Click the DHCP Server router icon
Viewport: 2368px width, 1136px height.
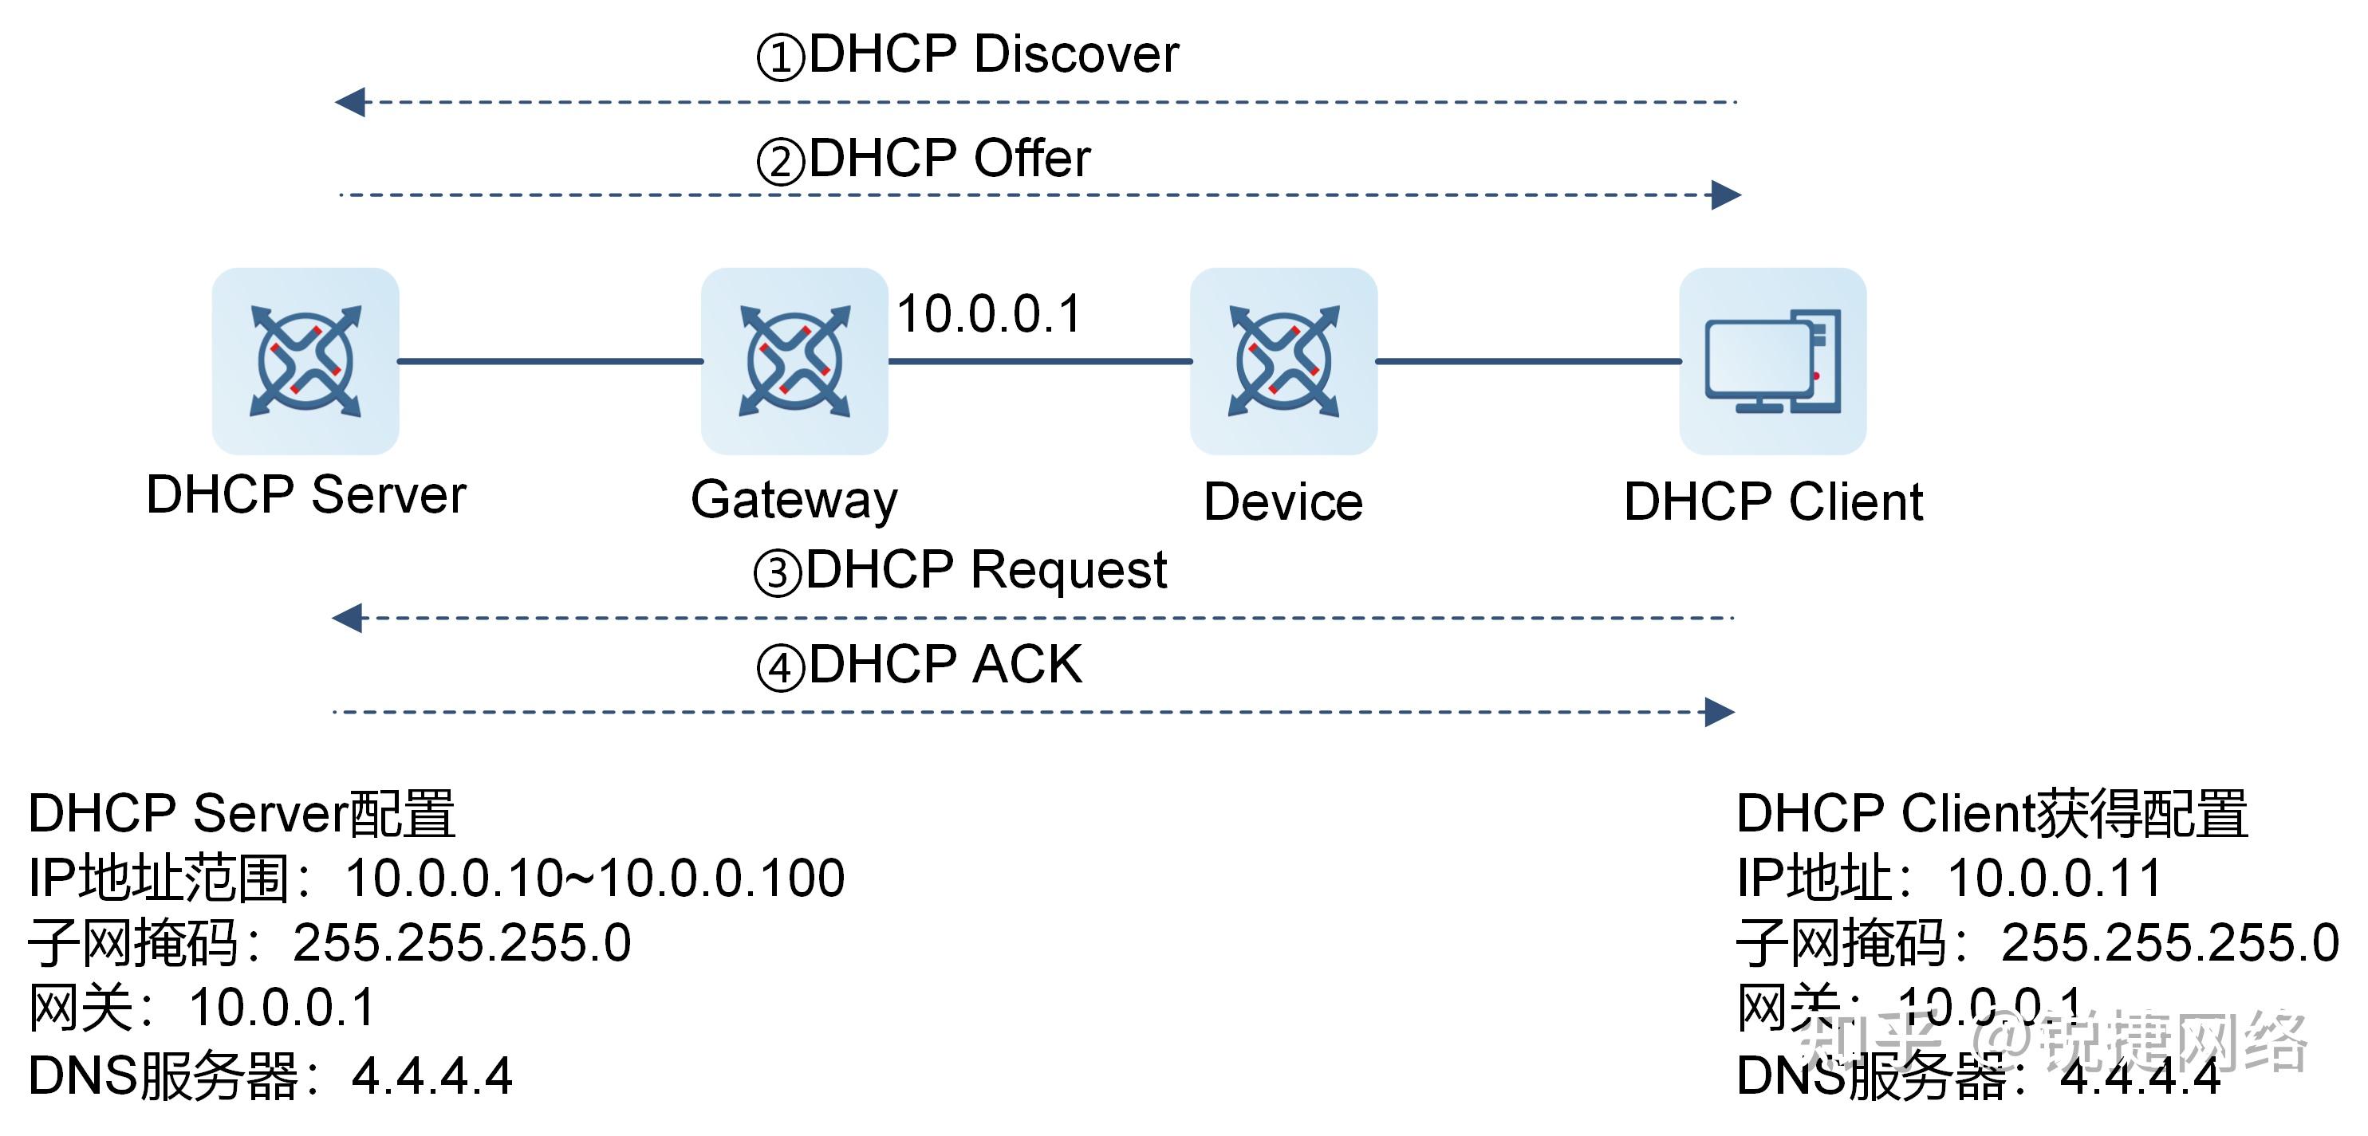[305, 360]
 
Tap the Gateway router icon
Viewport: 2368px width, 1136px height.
[794, 360]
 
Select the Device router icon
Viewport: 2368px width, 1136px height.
[1283, 360]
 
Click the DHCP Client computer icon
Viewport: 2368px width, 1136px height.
[1772, 360]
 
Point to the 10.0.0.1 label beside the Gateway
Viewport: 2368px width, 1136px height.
[988, 313]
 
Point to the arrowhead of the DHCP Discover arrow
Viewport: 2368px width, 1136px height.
[350, 102]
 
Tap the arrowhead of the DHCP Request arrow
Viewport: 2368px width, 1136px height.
[348, 618]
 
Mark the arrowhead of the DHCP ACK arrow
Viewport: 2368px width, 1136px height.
[1719, 711]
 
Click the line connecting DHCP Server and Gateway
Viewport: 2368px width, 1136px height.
[550, 361]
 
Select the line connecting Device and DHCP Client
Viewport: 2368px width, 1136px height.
[1528, 361]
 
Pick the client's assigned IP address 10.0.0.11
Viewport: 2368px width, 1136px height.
[2054, 878]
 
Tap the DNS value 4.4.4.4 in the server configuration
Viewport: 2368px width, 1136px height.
[432, 1075]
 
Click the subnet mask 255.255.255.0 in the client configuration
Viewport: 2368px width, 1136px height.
[2169, 943]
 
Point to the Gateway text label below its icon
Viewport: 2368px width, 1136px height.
[794, 500]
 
